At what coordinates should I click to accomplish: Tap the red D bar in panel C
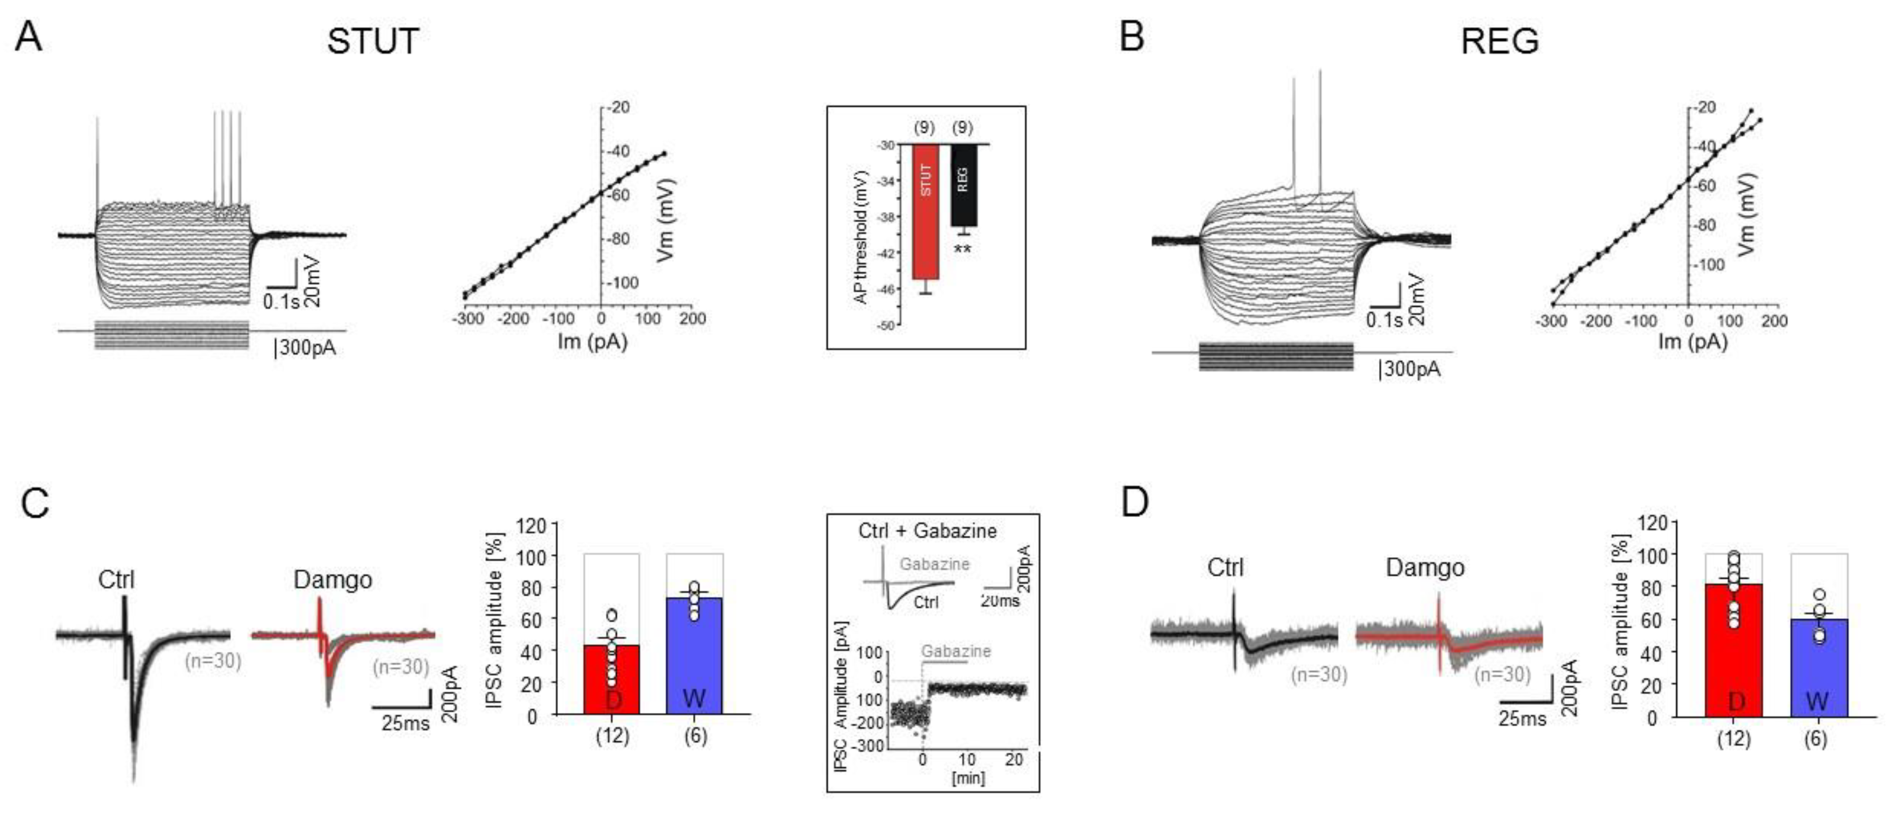[x=612, y=679]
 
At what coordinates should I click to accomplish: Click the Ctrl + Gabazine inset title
[x=928, y=531]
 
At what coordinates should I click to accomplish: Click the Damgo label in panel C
[x=333, y=580]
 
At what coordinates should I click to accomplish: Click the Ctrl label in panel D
[x=1226, y=567]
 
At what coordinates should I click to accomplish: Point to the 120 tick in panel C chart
[x=533, y=526]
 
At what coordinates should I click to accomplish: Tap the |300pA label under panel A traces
[x=305, y=348]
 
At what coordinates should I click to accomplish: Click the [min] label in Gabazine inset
[x=968, y=776]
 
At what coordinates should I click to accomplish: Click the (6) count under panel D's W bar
[x=1815, y=739]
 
